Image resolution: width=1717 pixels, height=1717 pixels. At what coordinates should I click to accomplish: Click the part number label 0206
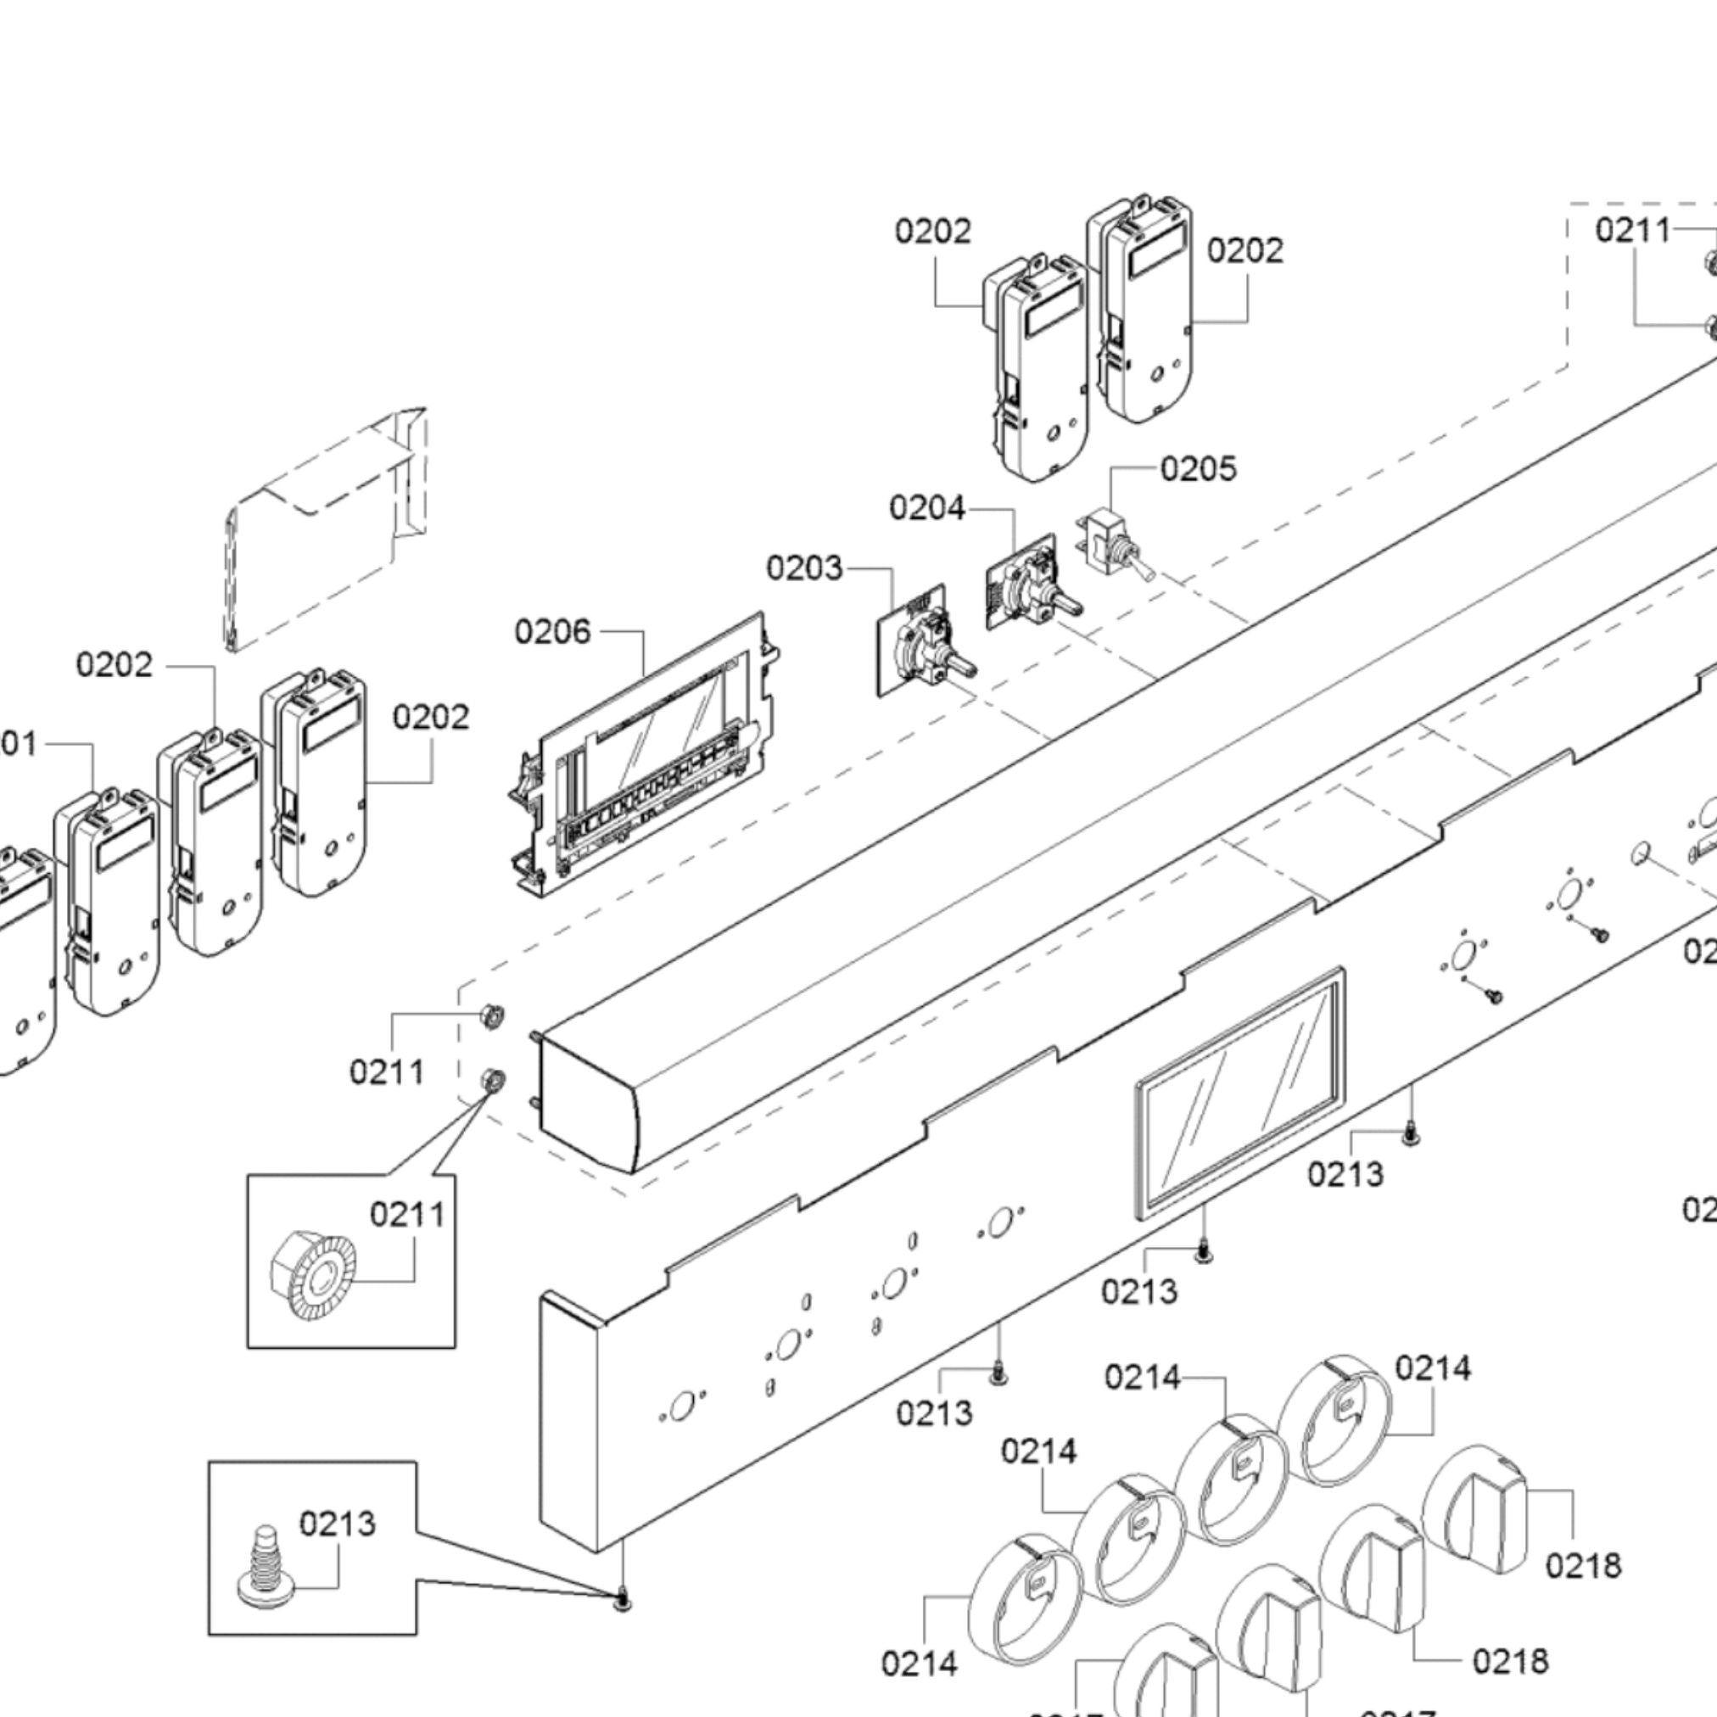(x=552, y=632)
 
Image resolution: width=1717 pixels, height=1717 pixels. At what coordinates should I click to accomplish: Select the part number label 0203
(x=803, y=568)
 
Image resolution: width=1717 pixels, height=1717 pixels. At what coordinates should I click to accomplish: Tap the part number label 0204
(x=926, y=508)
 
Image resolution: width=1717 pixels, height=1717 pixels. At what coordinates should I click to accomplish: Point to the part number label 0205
(x=1198, y=468)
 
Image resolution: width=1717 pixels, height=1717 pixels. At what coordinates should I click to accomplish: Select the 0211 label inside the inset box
(x=407, y=1214)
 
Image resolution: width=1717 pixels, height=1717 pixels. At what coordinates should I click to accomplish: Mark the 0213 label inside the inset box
(x=337, y=1524)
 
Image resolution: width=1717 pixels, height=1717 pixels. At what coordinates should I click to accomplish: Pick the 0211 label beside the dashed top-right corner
(x=1632, y=230)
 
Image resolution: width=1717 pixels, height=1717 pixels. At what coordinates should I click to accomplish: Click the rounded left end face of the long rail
(x=587, y=1102)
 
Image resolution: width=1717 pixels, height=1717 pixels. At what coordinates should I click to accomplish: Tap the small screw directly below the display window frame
(x=1203, y=1252)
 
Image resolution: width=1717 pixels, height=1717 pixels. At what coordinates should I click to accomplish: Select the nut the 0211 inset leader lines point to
(x=491, y=1082)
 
